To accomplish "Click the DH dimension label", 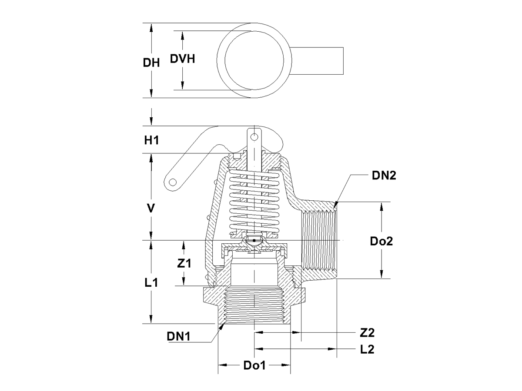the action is pos(151,63).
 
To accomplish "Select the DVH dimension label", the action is pos(182,59).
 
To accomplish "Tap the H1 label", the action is pos(151,140).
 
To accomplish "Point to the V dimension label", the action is pos(151,208).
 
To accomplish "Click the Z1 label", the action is pos(184,263).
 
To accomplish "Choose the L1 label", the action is pos(151,282).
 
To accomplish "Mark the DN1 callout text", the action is pos(179,336).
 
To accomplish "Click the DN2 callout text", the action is pos(384,176).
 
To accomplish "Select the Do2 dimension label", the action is pos(381,241).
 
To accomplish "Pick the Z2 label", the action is pos(367,333).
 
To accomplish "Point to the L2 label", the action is pos(367,349).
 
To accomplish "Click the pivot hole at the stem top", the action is pos(254,137).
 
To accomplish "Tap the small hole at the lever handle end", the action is pos(173,182).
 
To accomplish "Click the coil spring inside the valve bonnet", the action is pos(254,202).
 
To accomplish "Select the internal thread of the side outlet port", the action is pos(318,241).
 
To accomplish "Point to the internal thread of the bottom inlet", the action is pos(254,305).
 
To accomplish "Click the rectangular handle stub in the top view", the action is pos(317,61).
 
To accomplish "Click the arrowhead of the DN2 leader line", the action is pos(335,205).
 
